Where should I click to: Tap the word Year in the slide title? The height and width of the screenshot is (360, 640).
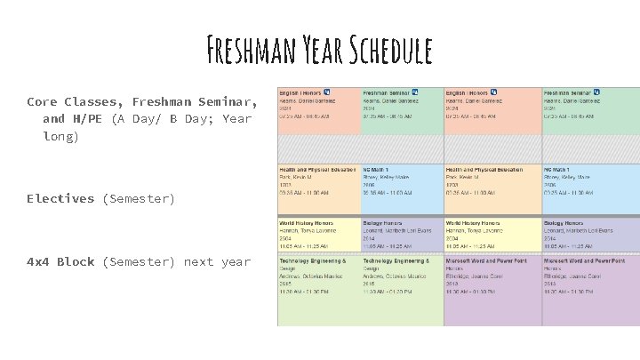coord(317,52)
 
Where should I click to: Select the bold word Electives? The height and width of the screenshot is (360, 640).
coord(60,199)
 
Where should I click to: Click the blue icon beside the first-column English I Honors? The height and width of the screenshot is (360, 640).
coord(327,92)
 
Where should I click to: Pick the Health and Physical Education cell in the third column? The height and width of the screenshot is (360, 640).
coord(492,188)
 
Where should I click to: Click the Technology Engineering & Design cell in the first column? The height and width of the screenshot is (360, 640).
coord(318,290)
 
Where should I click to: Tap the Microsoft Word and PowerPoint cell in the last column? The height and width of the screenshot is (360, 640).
coord(590,290)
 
